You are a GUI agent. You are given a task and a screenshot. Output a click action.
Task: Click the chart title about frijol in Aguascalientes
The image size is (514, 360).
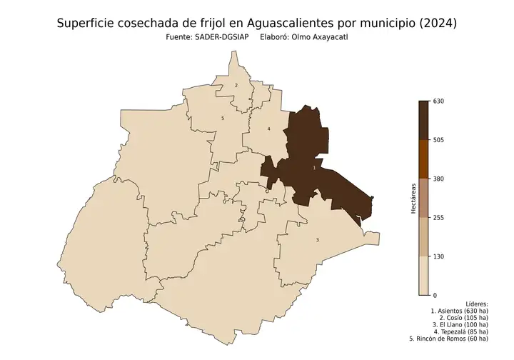(x=257, y=24)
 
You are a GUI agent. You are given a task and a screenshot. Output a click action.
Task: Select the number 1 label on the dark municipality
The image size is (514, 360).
(x=314, y=168)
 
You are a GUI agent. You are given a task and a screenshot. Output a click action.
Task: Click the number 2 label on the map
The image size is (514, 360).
(x=236, y=86)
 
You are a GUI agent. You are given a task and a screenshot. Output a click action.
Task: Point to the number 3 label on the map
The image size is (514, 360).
(x=317, y=240)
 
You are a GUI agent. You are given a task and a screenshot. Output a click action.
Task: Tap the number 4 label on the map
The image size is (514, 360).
(x=268, y=129)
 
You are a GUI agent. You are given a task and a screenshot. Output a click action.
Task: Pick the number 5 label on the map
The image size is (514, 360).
(x=223, y=119)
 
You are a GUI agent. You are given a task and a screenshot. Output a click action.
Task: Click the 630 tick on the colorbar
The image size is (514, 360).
(x=439, y=101)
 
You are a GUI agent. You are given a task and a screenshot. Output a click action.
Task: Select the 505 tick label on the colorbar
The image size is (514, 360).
(x=439, y=140)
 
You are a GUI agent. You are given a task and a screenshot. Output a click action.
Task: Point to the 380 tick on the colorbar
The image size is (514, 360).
(x=439, y=179)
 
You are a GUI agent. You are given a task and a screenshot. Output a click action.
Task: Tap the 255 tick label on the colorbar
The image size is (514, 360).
(x=439, y=217)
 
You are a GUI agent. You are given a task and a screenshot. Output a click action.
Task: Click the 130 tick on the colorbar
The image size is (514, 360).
(x=439, y=256)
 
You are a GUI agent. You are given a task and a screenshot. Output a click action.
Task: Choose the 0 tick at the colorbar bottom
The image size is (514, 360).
(x=435, y=295)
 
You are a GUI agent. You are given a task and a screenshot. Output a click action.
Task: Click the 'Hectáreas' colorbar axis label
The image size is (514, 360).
(x=413, y=198)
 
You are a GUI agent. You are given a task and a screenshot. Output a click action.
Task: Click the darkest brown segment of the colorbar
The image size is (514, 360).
(x=423, y=120)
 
